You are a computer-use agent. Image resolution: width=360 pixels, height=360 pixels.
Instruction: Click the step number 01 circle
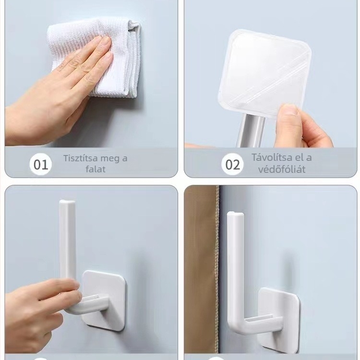[41, 164]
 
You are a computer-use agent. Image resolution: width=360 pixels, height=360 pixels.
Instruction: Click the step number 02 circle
[232, 164]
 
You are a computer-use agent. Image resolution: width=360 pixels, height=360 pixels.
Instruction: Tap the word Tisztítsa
[80, 158]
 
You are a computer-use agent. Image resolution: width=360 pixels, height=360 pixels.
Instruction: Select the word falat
[96, 169]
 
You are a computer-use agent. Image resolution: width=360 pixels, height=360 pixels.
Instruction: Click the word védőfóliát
[282, 169]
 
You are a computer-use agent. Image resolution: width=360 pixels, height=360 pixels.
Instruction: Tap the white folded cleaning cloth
[96, 58]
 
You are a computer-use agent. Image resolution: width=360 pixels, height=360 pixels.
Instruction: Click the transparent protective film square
[264, 73]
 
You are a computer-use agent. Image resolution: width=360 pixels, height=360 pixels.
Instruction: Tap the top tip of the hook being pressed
[67, 201]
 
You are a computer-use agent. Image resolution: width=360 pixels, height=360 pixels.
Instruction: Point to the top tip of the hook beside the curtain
[235, 213]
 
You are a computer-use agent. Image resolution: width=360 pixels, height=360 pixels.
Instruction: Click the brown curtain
[201, 269]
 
